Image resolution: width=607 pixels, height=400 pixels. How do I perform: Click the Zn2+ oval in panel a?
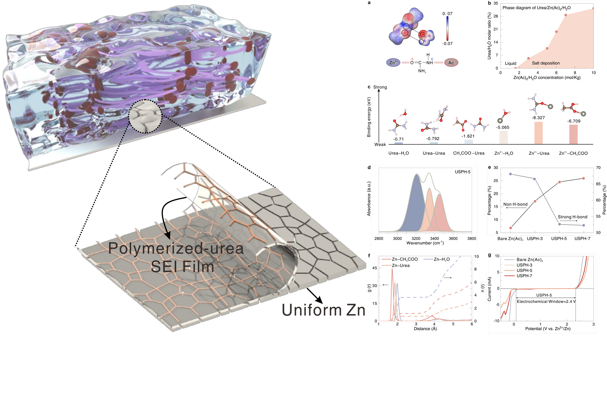393,62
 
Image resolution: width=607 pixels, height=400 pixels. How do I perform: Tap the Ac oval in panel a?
451,63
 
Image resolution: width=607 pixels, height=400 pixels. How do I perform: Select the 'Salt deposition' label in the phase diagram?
545,63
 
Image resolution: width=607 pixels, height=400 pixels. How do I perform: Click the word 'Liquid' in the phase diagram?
510,63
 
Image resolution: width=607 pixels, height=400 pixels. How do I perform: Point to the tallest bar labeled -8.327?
538,133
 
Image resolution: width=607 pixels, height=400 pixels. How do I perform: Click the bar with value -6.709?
573,134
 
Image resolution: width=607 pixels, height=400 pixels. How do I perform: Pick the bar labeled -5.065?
503,138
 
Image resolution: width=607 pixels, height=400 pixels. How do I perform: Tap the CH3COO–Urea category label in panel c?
469,153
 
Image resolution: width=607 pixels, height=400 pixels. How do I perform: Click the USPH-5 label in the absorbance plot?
463,172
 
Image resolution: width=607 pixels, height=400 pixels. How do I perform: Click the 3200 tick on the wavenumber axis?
416,238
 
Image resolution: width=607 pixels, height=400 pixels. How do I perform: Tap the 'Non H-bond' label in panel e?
515,204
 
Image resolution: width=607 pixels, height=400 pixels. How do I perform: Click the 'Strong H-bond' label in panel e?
572,217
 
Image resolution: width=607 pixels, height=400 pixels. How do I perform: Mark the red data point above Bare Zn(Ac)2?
510,228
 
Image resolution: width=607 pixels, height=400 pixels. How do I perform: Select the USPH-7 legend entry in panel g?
524,276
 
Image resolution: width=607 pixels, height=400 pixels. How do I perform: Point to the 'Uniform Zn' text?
324,310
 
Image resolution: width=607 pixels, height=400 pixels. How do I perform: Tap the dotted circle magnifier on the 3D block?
145,116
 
